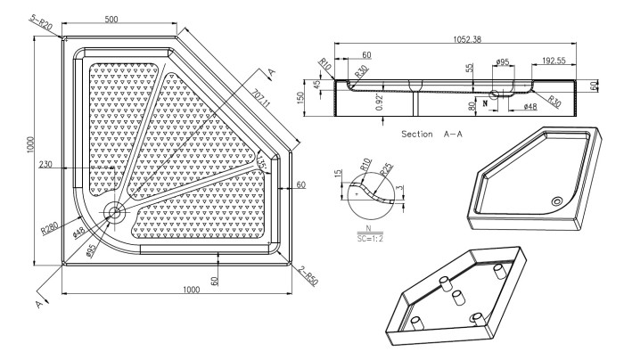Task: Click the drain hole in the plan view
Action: point(114,211)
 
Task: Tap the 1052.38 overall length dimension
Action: point(459,39)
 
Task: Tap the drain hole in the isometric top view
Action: point(557,201)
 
